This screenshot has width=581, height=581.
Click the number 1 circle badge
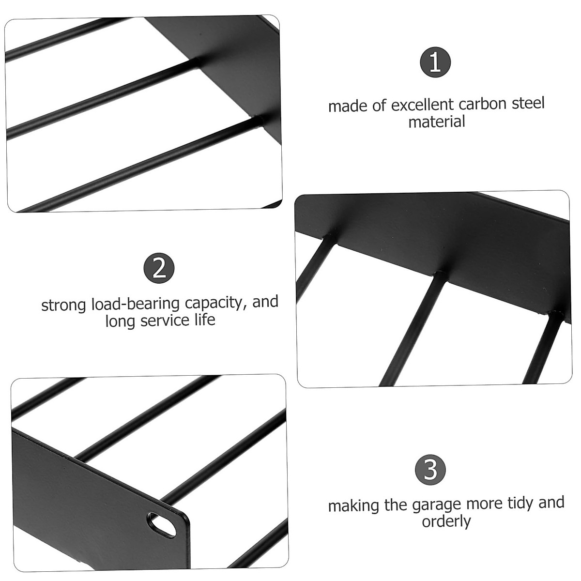[x=435, y=63]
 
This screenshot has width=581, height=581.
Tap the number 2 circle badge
[x=159, y=268]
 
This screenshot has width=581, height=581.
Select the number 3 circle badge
[x=430, y=470]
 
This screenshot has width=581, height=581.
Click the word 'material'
[x=437, y=122]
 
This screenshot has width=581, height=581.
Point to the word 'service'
[x=164, y=321]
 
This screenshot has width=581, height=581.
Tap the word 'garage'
[x=437, y=505]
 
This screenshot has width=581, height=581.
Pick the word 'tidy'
[x=517, y=503]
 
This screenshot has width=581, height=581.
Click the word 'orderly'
[x=446, y=521]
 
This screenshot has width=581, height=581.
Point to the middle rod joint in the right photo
[x=440, y=274]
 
